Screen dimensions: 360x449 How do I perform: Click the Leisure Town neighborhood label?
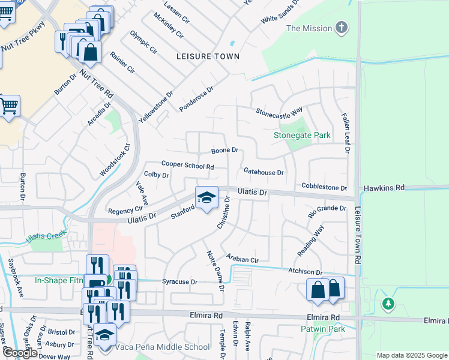point(208,56)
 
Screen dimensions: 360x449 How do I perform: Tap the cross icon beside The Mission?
point(342,28)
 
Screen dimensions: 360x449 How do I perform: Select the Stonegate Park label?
point(302,136)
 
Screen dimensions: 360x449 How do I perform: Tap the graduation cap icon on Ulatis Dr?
point(206,197)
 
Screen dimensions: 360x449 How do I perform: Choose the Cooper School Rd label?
point(187,165)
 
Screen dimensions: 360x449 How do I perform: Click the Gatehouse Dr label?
point(263,172)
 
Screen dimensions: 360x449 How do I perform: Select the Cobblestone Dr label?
point(324,188)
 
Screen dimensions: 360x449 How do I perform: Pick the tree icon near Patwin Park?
point(388,304)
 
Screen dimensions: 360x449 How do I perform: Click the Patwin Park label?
point(323,329)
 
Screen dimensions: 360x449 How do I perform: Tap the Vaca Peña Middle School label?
point(163,347)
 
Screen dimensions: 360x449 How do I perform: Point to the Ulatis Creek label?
point(46,236)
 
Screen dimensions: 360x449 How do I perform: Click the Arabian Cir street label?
point(242,259)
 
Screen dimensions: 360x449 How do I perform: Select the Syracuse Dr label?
point(179,281)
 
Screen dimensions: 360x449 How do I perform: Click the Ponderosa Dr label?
point(196,98)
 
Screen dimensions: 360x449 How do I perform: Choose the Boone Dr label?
point(224,150)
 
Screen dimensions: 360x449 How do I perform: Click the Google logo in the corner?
point(19,353)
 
